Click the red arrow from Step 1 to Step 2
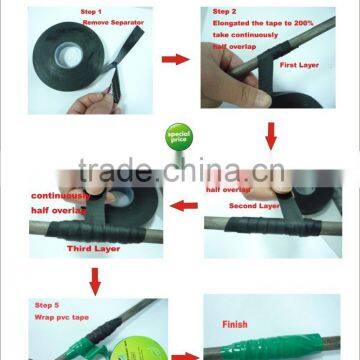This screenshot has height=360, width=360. (176, 60)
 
